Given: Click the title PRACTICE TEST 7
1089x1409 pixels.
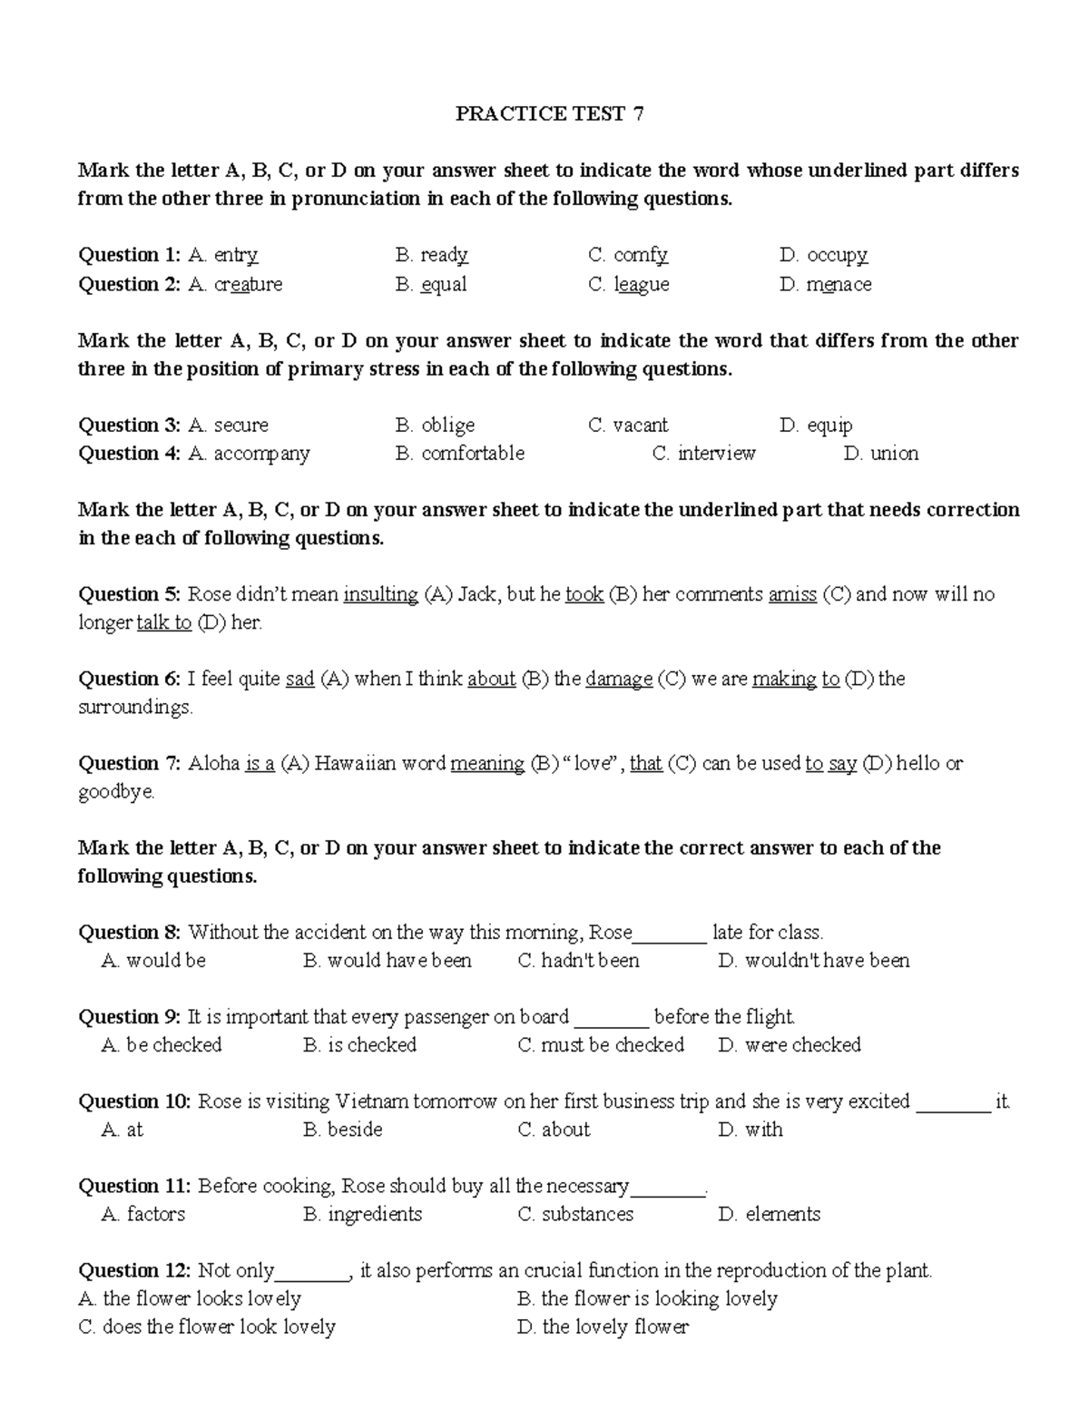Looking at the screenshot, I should (549, 113).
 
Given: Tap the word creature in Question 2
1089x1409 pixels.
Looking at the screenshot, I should (248, 284).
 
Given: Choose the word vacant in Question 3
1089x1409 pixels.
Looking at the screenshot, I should (640, 425).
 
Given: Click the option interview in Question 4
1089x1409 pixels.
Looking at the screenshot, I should (716, 453).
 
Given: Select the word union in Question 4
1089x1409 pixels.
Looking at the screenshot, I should (894, 453).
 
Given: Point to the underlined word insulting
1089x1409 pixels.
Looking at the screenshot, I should (380, 594).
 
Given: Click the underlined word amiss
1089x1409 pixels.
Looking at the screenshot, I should (792, 594).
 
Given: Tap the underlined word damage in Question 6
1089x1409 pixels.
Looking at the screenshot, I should (619, 679).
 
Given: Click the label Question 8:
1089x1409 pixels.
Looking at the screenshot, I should (130, 932).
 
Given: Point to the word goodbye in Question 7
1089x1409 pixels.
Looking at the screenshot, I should (116, 791).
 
